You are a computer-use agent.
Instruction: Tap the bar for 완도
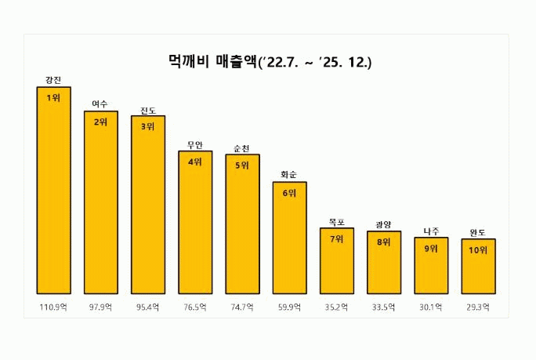point(478,267)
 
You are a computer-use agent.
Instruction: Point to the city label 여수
point(100,104)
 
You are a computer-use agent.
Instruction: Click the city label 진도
point(147,109)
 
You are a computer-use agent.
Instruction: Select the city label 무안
point(195,144)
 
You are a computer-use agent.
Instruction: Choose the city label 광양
point(383,224)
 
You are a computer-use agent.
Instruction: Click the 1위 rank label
point(53,97)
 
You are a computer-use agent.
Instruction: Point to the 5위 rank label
point(242,165)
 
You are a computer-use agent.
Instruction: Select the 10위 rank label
point(478,250)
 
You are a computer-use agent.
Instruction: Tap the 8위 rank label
point(383,242)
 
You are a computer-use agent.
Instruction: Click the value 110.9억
point(53,306)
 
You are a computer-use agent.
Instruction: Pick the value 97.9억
point(100,306)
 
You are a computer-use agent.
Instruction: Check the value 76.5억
point(195,306)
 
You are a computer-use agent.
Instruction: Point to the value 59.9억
point(289,306)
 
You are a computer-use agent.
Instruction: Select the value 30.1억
point(431,306)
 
